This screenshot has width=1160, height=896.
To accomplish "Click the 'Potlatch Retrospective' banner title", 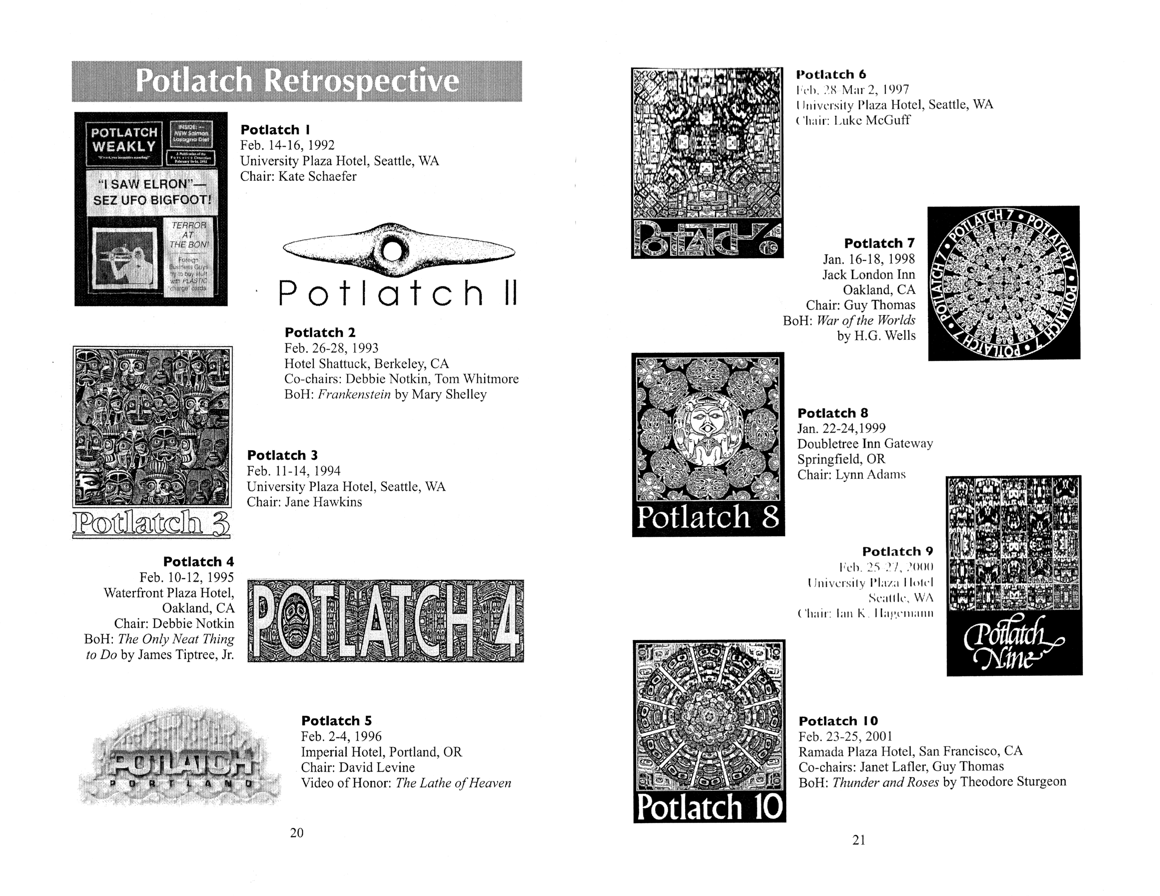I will click(297, 81).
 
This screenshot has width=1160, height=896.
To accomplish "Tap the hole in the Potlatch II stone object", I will click(392, 250).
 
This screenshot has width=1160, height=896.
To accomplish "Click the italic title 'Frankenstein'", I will click(354, 395).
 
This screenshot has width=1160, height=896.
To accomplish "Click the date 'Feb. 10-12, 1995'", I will click(186, 578).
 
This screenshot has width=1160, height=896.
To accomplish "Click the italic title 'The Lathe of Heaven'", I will click(453, 783).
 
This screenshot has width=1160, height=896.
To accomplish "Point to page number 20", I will click(297, 833).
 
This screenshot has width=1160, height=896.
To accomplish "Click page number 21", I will click(859, 840).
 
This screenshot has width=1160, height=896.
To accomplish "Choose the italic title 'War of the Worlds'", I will click(866, 320).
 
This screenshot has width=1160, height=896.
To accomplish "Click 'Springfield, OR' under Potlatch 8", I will click(841, 459).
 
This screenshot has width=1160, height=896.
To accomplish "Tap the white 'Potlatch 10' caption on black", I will click(709, 807).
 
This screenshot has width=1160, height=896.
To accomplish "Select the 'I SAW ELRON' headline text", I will click(151, 192).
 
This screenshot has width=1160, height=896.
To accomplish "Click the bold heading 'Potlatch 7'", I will click(880, 243).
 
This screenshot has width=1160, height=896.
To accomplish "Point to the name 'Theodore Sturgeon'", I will click(1013, 782).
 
